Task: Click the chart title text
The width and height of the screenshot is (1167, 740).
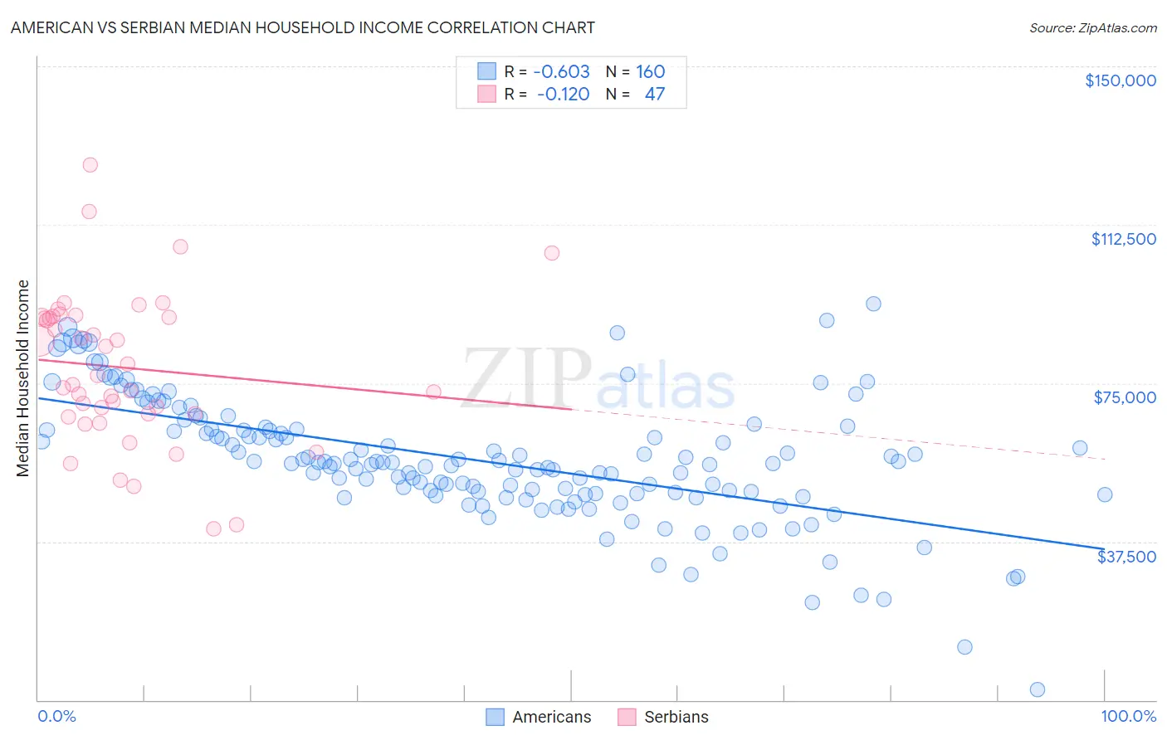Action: coord(302,27)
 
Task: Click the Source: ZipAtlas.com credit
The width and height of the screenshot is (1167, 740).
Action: coord(1092,27)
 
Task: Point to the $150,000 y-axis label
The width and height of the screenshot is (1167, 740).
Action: coord(1120,80)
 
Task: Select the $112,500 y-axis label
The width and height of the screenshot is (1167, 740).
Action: coord(1122,239)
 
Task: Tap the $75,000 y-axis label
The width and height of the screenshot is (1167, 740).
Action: coord(1124,397)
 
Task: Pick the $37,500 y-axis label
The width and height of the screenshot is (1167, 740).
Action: coord(1125,557)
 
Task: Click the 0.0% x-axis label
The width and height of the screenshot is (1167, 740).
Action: coord(56,716)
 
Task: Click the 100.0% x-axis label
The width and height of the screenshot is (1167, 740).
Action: coord(1128,716)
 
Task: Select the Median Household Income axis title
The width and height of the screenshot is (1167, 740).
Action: coord(22,378)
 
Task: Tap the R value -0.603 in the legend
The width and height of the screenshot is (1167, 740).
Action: coord(561,71)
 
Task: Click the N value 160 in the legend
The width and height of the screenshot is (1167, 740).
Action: coord(650,71)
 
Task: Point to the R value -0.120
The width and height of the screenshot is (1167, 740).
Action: coord(563,94)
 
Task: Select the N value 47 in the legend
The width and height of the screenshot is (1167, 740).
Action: coord(654,94)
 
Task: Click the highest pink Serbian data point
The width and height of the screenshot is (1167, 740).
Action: coord(90,164)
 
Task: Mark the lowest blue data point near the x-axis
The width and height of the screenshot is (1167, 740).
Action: coord(1037,689)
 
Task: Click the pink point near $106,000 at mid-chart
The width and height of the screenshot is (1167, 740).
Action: coord(552,253)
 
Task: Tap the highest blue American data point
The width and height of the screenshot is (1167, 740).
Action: coord(873,304)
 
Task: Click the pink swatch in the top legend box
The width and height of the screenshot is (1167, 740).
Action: coord(486,94)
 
